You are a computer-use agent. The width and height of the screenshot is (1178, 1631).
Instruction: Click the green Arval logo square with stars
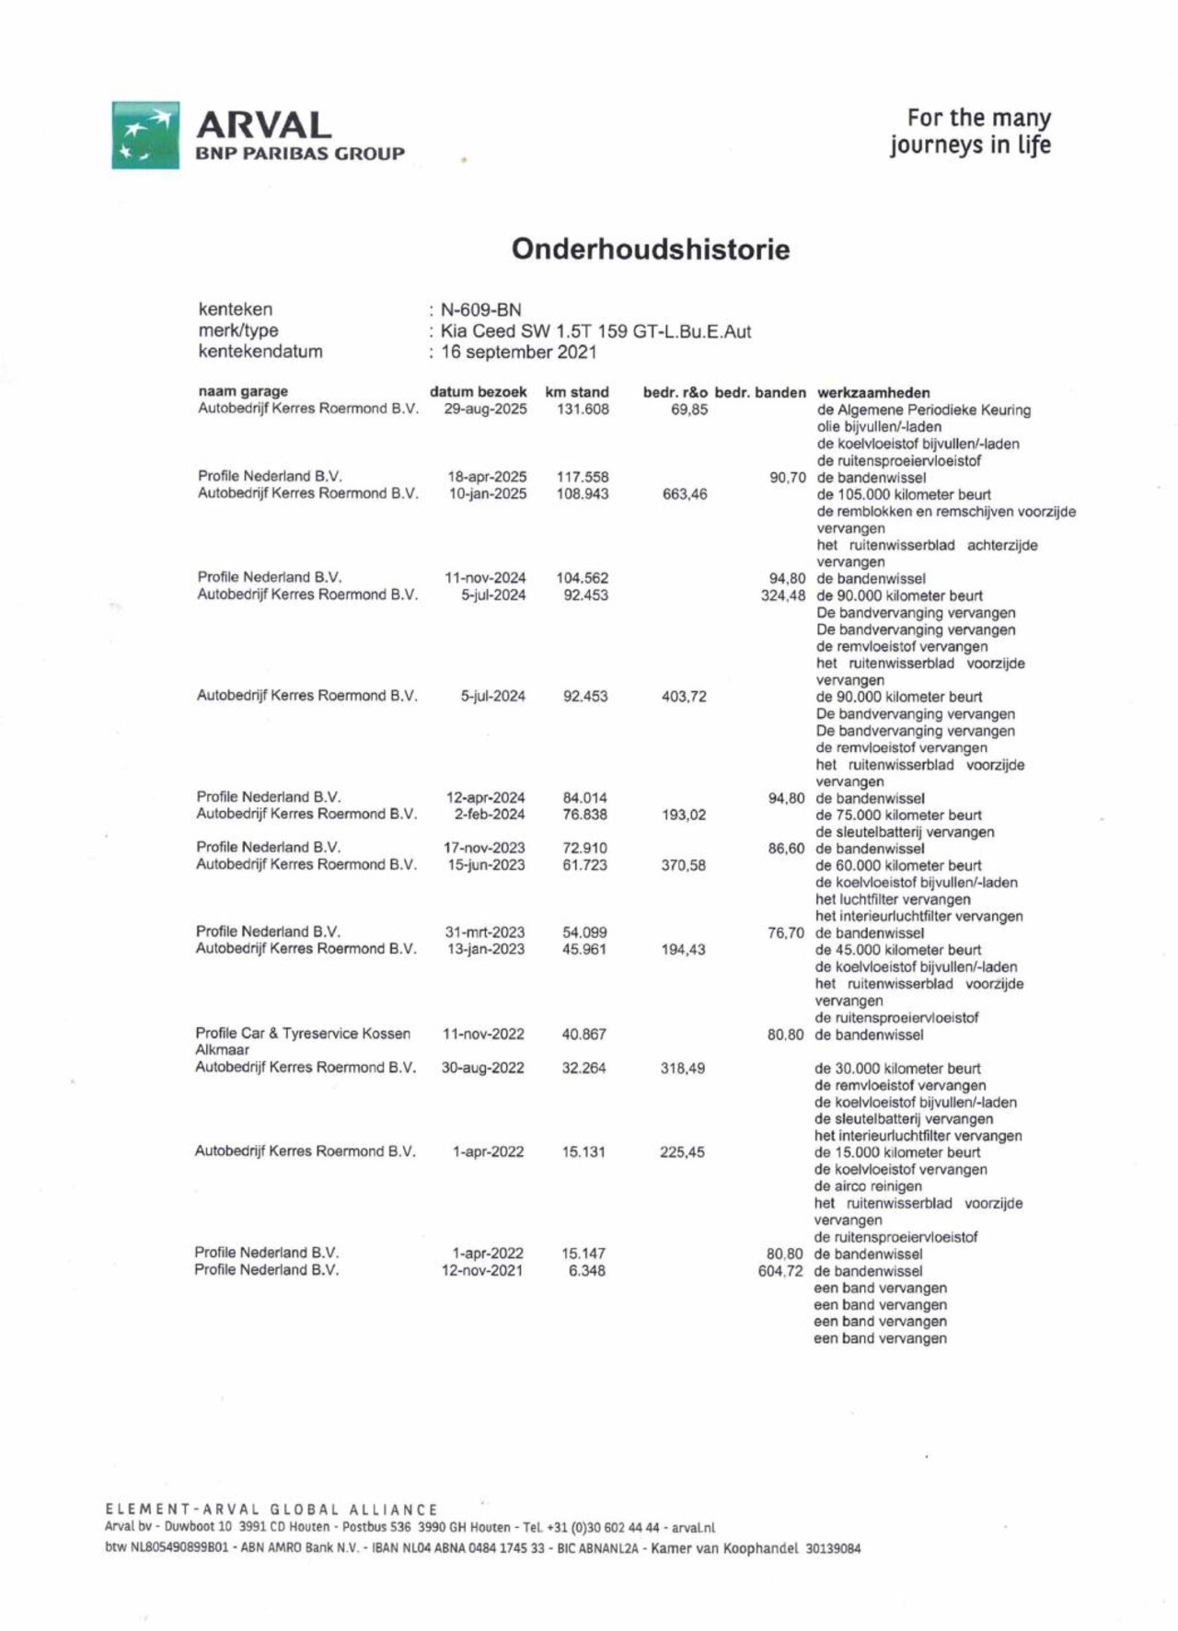point(145,135)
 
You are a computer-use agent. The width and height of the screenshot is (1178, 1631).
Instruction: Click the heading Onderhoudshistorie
point(650,249)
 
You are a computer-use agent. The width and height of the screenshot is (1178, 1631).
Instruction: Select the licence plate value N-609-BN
point(480,310)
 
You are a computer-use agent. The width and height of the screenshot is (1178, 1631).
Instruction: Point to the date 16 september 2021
point(518,353)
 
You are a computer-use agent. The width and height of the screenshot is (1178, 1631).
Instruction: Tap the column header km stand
point(577,392)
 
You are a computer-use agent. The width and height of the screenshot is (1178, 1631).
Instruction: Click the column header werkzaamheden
point(873,393)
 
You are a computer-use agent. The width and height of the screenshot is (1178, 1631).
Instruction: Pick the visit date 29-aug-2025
point(485,410)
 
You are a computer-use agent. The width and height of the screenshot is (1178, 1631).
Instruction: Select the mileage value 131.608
point(583,410)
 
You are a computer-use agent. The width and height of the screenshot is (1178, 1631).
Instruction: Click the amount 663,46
point(685,494)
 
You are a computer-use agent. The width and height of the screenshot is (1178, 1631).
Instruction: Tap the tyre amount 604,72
point(780,1271)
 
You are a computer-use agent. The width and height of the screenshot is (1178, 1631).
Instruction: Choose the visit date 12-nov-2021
point(482,1271)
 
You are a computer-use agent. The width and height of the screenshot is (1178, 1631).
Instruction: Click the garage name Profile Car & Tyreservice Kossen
point(303,1034)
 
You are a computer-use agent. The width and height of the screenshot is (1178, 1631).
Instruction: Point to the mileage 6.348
point(586,1271)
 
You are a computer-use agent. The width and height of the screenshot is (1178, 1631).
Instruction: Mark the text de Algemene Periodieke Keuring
point(923,411)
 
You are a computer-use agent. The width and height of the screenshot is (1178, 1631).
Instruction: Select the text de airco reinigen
point(868,1186)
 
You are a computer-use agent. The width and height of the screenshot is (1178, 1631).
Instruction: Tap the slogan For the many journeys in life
point(970,132)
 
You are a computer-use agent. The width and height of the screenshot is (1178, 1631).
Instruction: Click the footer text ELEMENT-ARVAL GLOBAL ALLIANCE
point(271,1510)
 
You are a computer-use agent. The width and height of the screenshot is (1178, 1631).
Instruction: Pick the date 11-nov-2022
point(483,1035)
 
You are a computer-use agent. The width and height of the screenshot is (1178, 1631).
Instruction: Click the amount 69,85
point(689,410)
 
